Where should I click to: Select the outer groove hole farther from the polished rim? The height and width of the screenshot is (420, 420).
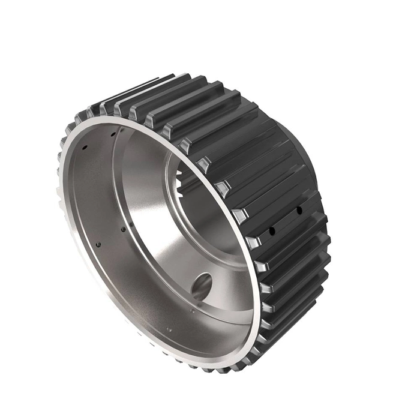tap(298, 210)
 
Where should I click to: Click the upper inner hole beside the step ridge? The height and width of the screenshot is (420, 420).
tap(113, 134)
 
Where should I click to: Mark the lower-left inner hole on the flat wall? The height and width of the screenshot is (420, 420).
tap(98, 244)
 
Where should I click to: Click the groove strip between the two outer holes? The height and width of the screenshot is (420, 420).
tap(285, 220)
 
